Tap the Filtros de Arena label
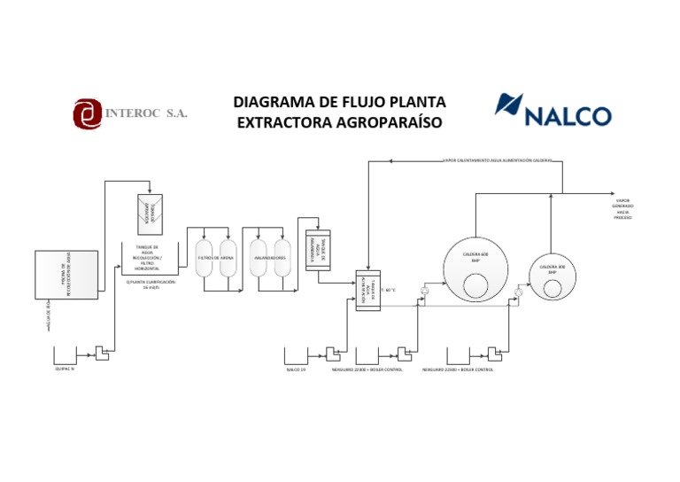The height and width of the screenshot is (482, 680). (x=216, y=258)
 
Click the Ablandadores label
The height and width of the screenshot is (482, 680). (x=270, y=258)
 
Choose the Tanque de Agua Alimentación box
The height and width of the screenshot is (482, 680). (x=367, y=291)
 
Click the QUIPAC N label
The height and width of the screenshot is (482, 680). (x=65, y=369)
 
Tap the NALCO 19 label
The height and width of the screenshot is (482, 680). (x=295, y=369)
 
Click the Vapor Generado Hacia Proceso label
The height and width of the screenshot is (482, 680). (x=623, y=209)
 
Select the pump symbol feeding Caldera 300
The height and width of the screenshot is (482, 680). (x=517, y=291)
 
